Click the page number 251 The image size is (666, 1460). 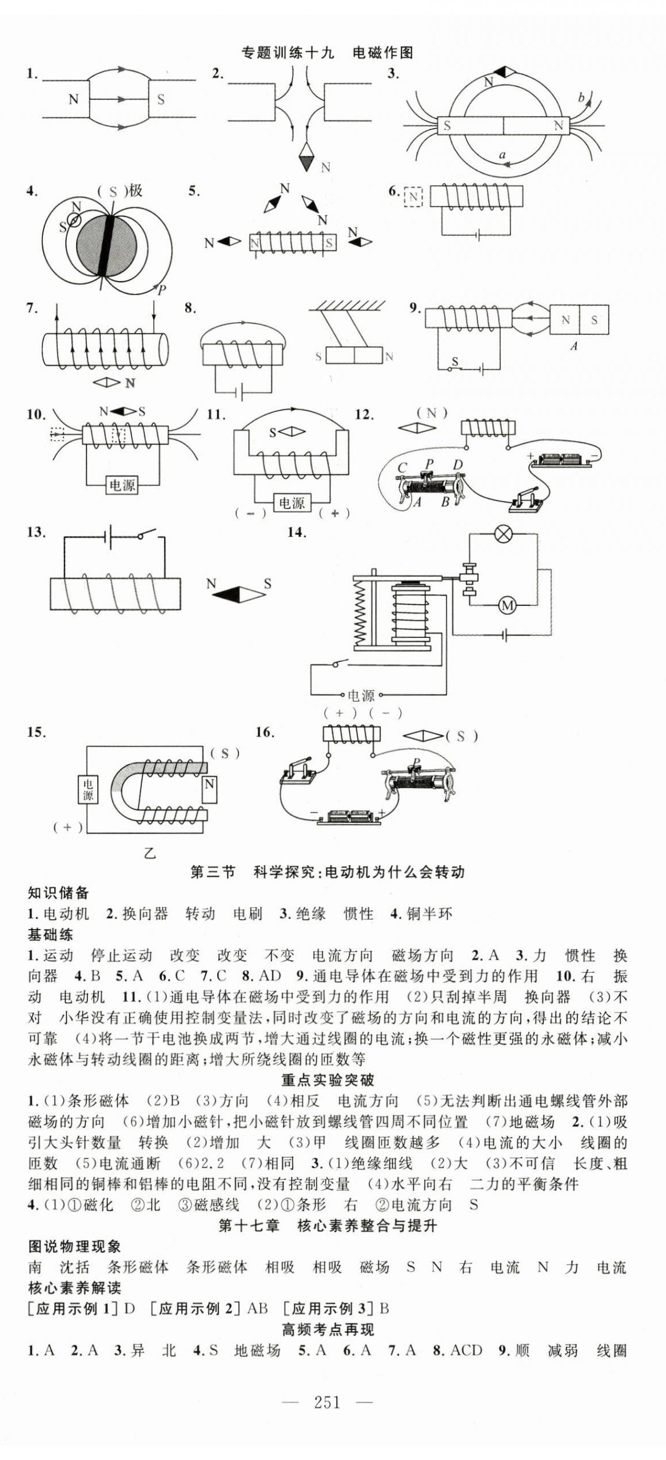point(326,1403)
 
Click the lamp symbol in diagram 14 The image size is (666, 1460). point(503,534)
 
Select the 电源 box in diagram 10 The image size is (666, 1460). point(122,485)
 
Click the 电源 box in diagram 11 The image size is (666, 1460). point(292,503)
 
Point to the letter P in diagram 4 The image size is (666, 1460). point(162,290)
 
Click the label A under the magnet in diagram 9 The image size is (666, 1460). point(574,346)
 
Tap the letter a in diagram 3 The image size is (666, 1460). point(502,154)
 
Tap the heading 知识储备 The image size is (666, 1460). point(58,892)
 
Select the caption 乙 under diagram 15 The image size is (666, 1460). point(149,854)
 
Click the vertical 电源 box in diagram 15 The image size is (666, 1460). point(87,789)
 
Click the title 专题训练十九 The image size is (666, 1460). point(288,53)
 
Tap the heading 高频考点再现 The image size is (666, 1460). point(328,1330)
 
